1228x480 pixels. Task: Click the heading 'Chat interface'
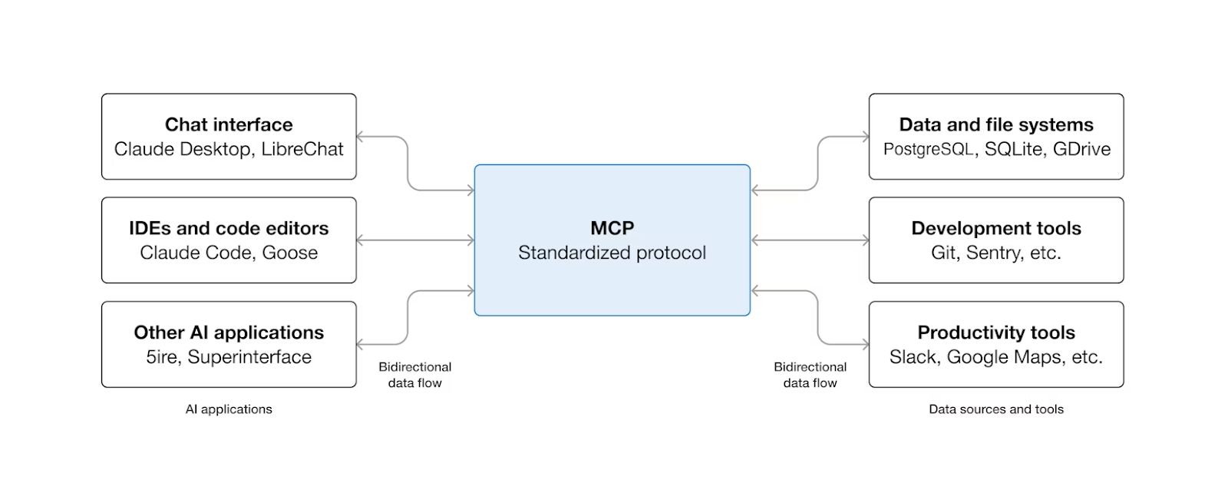tap(229, 124)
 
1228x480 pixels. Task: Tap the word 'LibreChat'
tap(302, 149)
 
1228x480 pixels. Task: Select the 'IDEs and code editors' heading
tap(229, 228)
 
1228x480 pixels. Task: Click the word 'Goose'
tap(289, 253)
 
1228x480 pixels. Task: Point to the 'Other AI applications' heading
tap(229, 333)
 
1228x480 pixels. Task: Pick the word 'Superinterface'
tap(249, 357)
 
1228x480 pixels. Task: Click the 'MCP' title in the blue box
tap(612, 228)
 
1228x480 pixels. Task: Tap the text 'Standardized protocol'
tap(612, 253)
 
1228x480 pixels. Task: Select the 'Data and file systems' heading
tap(996, 124)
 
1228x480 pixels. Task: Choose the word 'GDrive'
tap(1081, 149)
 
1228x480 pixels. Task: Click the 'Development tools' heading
tap(996, 228)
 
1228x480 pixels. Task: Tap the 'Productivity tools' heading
tap(996, 333)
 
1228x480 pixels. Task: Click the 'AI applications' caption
tap(229, 409)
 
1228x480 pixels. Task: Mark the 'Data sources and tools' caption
tap(996, 409)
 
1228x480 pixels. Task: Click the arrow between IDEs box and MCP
tap(415, 240)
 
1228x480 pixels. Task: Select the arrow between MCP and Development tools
tap(810, 240)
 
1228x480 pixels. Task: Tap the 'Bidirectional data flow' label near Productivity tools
tap(810, 375)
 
